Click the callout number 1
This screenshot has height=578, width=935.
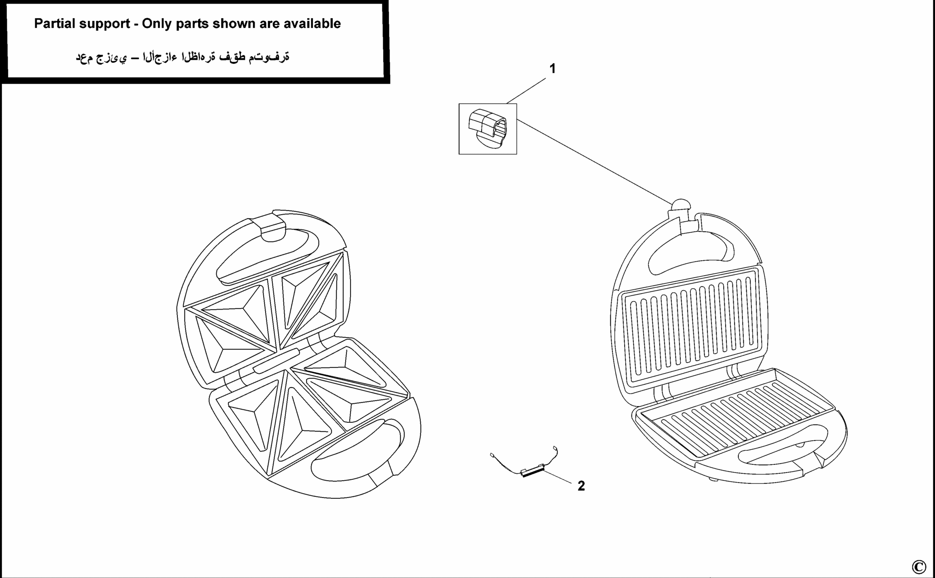click(552, 69)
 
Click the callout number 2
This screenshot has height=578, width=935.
click(581, 486)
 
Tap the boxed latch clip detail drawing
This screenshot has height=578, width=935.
click(488, 129)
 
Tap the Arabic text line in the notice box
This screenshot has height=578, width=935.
click(182, 57)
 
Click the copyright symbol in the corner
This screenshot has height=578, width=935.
click(919, 567)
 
